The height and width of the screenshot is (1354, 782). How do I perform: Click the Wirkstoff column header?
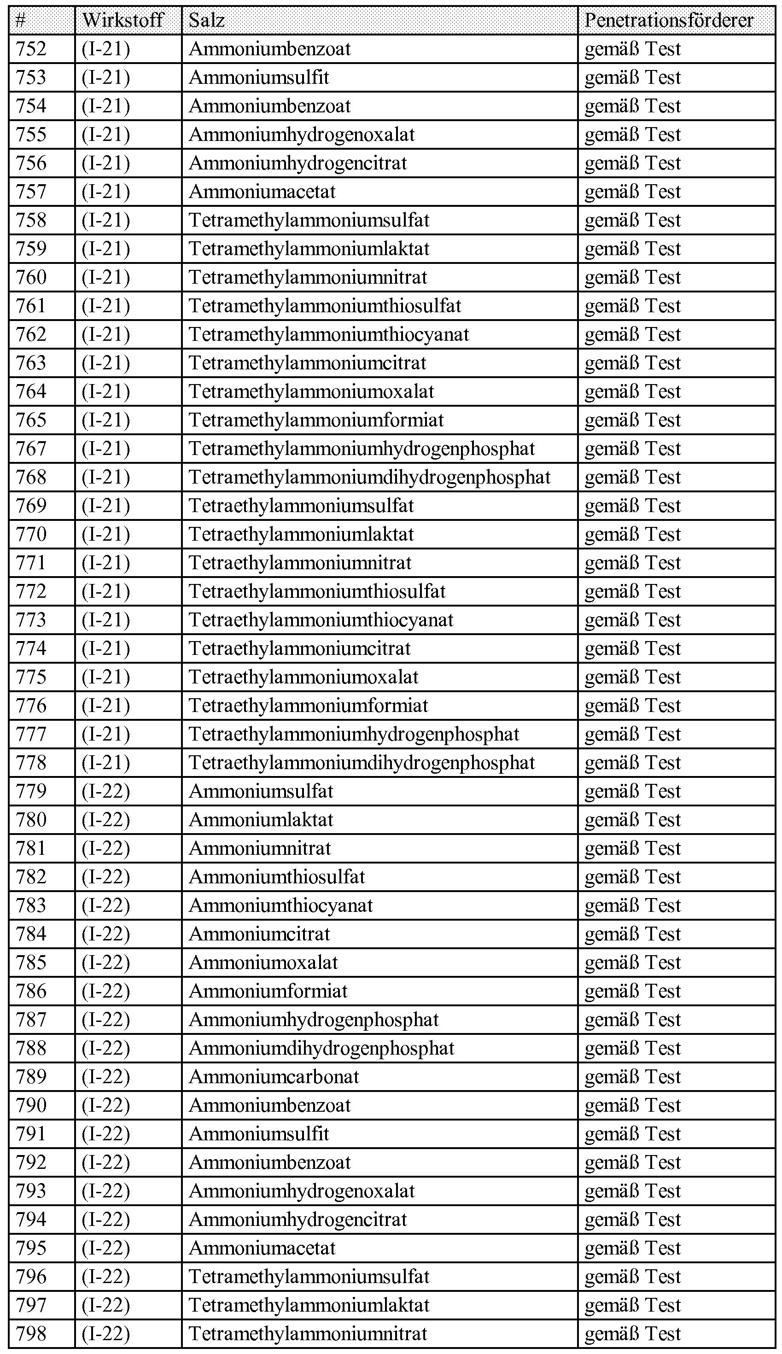(x=123, y=20)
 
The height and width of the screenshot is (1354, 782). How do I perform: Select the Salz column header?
(x=207, y=20)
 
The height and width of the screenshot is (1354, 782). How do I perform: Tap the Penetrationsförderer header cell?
(x=669, y=20)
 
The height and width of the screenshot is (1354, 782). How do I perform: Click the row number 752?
(x=31, y=49)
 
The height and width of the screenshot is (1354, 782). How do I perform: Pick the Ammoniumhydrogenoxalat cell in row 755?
(x=302, y=135)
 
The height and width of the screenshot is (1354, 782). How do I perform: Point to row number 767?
(x=31, y=449)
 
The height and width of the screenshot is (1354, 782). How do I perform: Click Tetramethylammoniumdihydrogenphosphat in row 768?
(x=369, y=478)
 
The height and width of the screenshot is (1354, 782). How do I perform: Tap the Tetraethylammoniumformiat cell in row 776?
(x=308, y=706)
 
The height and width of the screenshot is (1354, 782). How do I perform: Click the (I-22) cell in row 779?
(x=106, y=791)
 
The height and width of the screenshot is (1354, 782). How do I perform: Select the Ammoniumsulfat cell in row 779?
(x=261, y=791)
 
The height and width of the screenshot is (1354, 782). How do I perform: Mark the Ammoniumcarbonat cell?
(x=274, y=1077)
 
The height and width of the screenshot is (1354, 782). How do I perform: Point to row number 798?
(x=31, y=1334)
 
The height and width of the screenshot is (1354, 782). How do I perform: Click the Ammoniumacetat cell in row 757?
(x=262, y=192)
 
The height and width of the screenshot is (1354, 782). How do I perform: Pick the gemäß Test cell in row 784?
(x=633, y=934)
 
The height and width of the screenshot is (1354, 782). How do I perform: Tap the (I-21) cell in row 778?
(x=106, y=763)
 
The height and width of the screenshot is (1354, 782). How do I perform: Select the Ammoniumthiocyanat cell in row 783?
(x=281, y=905)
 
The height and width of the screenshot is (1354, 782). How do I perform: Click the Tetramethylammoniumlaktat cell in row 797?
(x=309, y=1305)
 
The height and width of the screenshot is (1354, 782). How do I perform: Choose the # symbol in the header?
(x=20, y=20)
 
